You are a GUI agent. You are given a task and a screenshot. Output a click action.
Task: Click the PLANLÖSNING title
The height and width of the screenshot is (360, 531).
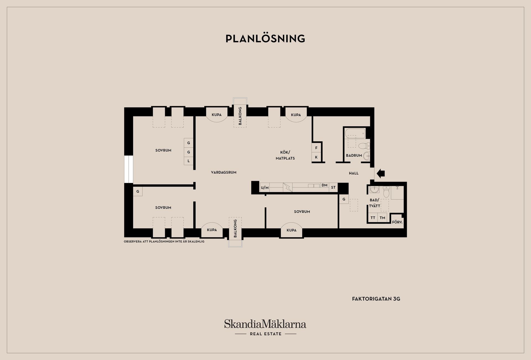pyautogui.click(x=265, y=38)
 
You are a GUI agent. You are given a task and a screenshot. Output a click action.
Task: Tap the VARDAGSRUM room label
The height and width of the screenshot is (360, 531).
pyautogui.click(x=223, y=172)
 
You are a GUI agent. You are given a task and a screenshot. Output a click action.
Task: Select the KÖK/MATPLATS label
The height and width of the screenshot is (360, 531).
pyautogui.click(x=285, y=155)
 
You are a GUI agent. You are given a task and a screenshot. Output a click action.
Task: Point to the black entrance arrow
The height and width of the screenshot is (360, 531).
pyautogui.click(x=381, y=173)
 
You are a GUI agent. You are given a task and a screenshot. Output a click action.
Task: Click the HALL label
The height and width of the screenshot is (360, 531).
pyautogui.click(x=354, y=173)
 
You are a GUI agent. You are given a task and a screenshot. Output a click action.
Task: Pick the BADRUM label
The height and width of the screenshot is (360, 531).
pyautogui.click(x=354, y=155)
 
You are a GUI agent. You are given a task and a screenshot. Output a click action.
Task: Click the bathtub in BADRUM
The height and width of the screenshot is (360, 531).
pyautogui.click(x=355, y=133)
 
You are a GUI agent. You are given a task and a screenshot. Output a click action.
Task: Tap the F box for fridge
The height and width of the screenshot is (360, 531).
pyautogui.click(x=316, y=148)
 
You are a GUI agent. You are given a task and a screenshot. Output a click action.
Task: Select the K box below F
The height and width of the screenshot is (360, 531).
pyautogui.click(x=316, y=157)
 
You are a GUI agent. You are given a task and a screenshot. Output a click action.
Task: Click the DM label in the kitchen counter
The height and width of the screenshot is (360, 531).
pyautogui.click(x=325, y=185)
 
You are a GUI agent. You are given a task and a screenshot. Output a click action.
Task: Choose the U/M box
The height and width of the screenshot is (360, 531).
pyautogui.click(x=265, y=188)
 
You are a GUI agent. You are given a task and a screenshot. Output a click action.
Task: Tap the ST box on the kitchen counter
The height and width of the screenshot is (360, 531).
pyautogui.click(x=333, y=187)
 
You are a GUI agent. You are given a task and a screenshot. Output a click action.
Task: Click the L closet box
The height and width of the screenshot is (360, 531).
pyautogui.click(x=189, y=161)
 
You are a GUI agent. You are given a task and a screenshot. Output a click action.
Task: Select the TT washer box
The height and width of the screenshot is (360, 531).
pyautogui.click(x=373, y=218)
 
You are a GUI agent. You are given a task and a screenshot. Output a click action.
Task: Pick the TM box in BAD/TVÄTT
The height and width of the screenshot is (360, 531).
pyautogui.click(x=382, y=218)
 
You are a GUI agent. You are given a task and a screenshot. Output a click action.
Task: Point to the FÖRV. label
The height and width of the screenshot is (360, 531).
pyautogui.click(x=397, y=222)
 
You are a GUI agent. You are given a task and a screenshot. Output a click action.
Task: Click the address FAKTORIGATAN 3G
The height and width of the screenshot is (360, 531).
pyautogui.click(x=376, y=299)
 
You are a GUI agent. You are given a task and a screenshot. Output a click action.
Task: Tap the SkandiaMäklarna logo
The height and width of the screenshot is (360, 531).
pyautogui.click(x=265, y=324)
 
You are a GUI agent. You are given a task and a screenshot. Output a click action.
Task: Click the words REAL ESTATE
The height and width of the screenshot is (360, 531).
pyautogui.click(x=265, y=334)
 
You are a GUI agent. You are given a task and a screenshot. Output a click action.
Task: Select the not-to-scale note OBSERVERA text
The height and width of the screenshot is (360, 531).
pyautogui.click(x=164, y=242)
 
